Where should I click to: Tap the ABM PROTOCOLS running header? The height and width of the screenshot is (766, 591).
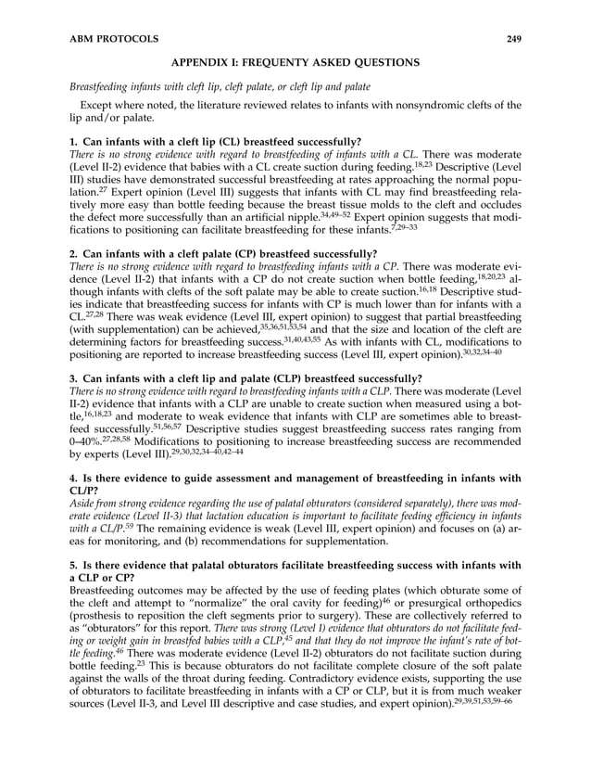(114, 39)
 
